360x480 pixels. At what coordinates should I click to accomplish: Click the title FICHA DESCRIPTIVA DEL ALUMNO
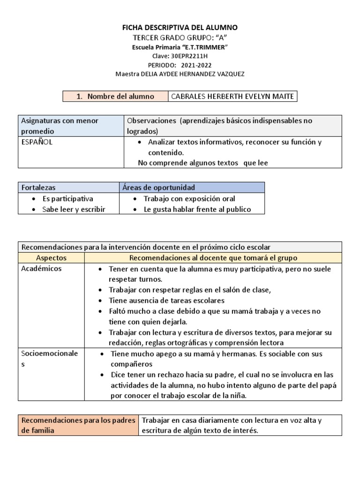(x=180, y=28)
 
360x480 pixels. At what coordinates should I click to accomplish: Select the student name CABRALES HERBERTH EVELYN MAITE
(x=232, y=97)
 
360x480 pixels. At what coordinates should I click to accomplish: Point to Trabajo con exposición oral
(x=189, y=199)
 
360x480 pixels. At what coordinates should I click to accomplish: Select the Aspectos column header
(x=51, y=258)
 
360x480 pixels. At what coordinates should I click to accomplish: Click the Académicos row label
(x=42, y=269)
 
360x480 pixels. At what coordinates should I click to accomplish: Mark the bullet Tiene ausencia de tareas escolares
(x=166, y=300)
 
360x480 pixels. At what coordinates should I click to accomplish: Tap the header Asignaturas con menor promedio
(x=60, y=126)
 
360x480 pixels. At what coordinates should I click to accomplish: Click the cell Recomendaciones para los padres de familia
(x=78, y=425)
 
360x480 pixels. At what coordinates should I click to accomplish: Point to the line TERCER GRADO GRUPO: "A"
(x=180, y=37)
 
